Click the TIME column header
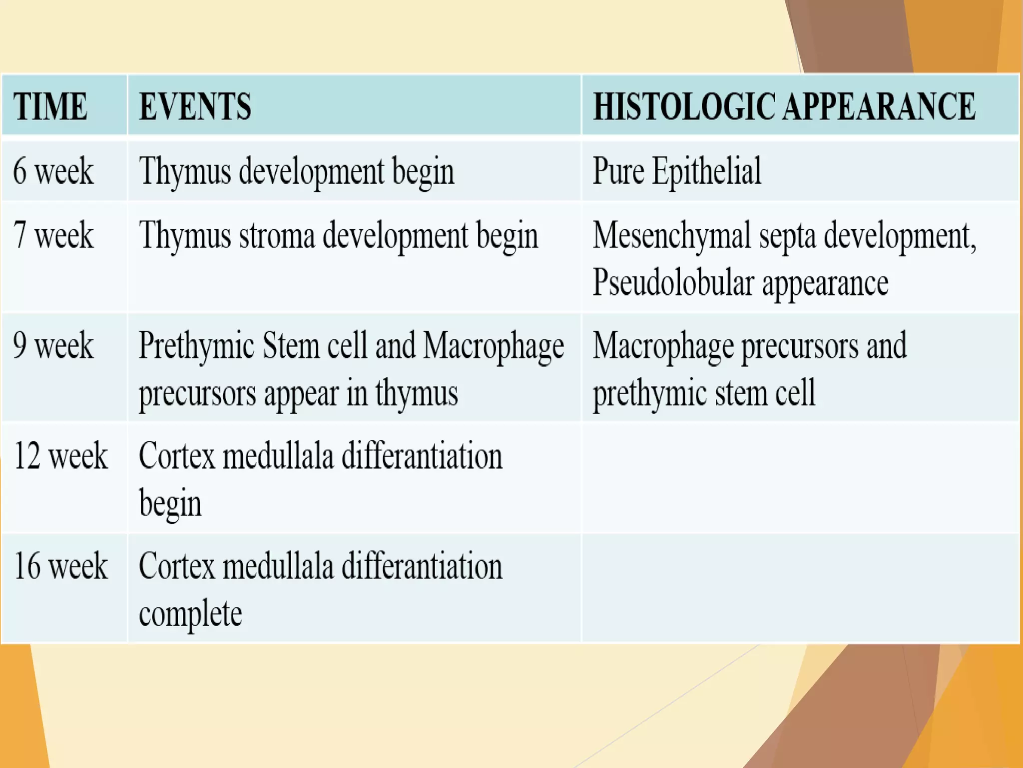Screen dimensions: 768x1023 coord(50,106)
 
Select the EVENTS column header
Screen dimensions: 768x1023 coord(195,106)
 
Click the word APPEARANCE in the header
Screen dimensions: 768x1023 coord(879,106)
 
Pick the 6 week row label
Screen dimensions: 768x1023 coord(53,171)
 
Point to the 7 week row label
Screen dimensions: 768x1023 coord(53,235)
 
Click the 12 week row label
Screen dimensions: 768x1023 coord(60,455)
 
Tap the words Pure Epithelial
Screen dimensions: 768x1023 coord(677,171)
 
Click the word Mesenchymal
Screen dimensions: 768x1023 coord(672,235)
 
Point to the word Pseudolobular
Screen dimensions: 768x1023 coord(673,283)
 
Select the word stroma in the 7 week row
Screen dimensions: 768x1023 coord(277,235)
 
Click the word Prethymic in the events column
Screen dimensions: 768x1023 coord(196,346)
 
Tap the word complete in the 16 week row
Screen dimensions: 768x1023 coord(190,613)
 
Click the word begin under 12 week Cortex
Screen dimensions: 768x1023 coord(170,503)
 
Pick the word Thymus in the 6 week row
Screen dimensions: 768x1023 coord(185,171)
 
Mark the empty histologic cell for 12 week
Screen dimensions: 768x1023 coord(799,477)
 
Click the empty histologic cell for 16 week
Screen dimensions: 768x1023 coord(799,588)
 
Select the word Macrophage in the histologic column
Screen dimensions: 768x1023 coord(663,346)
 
